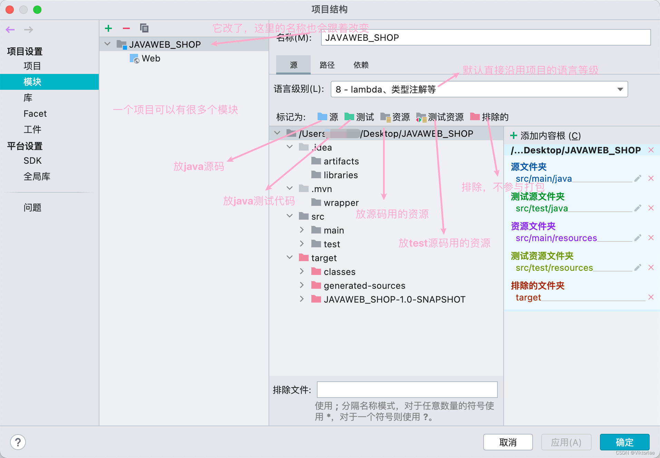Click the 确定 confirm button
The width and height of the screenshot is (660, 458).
[x=624, y=442]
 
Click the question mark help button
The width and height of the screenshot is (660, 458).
[x=18, y=442]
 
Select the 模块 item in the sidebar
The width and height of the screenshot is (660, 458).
[x=32, y=82]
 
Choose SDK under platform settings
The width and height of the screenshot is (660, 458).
[x=32, y=161]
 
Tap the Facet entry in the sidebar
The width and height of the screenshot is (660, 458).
[x=35, y=114]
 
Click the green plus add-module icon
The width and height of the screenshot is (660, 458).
[x=108, y=28]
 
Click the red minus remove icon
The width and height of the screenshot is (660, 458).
[x=126, y=28]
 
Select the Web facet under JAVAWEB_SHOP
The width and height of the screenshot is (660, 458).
[x=151, y=58]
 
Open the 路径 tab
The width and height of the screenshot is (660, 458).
[x=327, y=65]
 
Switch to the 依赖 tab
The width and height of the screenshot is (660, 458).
[x=361, y=65]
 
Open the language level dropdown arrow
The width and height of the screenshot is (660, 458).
[x=620, y=89]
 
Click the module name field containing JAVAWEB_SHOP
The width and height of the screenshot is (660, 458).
[x=485, y=38]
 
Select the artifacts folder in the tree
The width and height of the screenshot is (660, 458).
[x=341, y=161]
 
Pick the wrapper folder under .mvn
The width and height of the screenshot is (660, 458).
[x=341, y=203]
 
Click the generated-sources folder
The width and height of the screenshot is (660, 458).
[x=364, y=286]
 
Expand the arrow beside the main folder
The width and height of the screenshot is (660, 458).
[x=302, y=230]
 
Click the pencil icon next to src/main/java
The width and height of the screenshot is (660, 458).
[x=638, y=178]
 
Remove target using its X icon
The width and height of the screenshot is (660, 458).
[x=651, y=297]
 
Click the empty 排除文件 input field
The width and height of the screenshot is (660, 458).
[x=407, y=390]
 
